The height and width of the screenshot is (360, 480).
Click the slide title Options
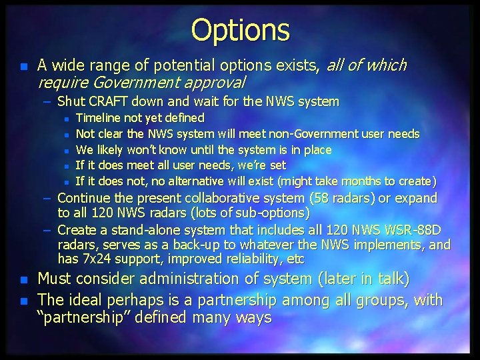240,30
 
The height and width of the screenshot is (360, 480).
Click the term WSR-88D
417,230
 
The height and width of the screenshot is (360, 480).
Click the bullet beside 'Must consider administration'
23,279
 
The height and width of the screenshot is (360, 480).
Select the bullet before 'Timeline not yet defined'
67,119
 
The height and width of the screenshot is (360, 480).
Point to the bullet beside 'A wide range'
23,66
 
